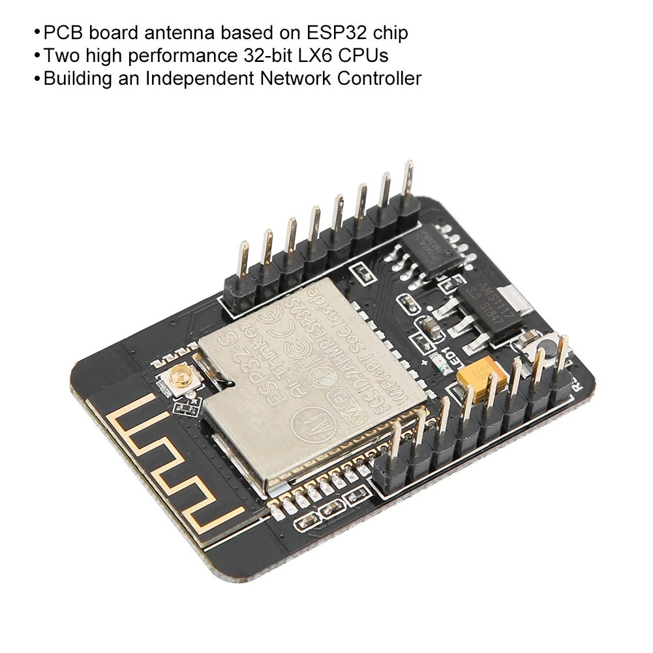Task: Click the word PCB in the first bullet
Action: point(61,33)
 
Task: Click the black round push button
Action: point(543,342)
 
